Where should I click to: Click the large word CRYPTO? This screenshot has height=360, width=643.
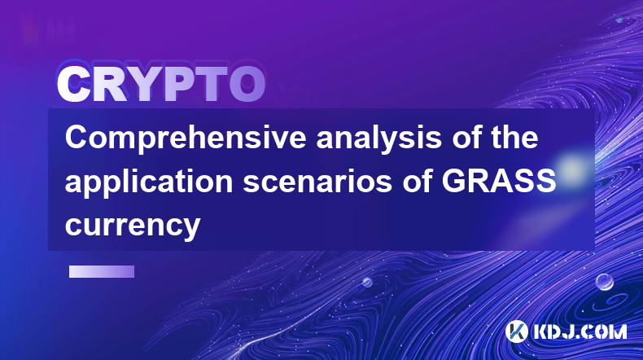[161, 84]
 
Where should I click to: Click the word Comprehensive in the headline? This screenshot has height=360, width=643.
[186, 138]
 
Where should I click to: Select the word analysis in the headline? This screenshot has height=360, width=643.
[378, 138]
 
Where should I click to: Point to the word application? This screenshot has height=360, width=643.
[149, 182]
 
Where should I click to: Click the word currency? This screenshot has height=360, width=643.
[133, 226]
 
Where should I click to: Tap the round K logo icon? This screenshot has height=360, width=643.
[516, 331]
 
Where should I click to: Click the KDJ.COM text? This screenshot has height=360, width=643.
[580, 331]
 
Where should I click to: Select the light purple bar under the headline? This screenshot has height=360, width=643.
[102, 271]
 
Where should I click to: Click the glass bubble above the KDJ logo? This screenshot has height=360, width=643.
[604, 282]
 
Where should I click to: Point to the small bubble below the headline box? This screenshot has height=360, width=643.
[366, 282]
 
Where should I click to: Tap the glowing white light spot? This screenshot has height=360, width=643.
[571, 169]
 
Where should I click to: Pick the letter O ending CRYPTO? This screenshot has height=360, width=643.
[247, 84]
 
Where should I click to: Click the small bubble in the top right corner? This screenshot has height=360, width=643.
[619, 19]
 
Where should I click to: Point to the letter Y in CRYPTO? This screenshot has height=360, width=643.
[142, 84]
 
